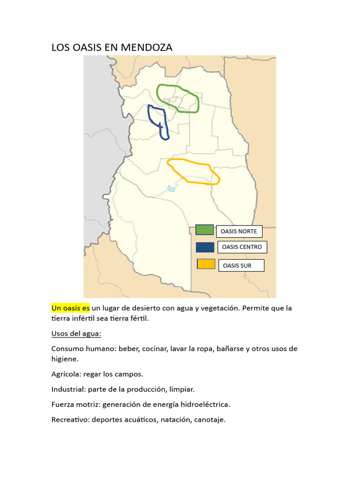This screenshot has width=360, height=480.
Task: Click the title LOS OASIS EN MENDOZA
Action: (x=112, y=47)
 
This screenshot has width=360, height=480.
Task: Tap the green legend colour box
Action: (x=205, y=230)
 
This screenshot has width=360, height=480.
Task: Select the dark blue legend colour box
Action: (x=205, y=247)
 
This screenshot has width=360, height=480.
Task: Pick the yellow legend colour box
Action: (x=206, y=264)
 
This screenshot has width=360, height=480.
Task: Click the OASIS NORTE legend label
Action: (x=239, y=231)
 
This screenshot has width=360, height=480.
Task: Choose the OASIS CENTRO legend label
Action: (x=242, y=247)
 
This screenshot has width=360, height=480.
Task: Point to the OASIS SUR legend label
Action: (x=240, y=265)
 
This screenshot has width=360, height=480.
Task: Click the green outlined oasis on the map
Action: (x=178, y=98)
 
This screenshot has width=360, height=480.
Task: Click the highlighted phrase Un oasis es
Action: (x=70, y=308)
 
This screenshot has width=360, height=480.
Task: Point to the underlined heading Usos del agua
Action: (x=76, y=334)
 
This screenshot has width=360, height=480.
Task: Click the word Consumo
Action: (x=67, y=349)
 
